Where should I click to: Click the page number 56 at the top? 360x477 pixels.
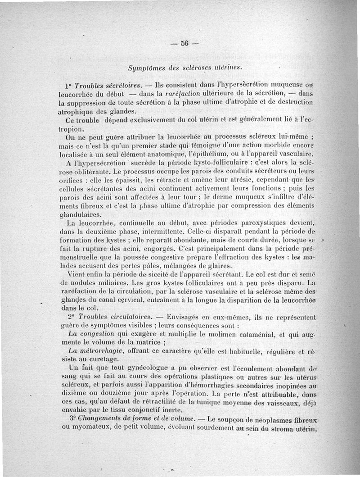184,44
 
